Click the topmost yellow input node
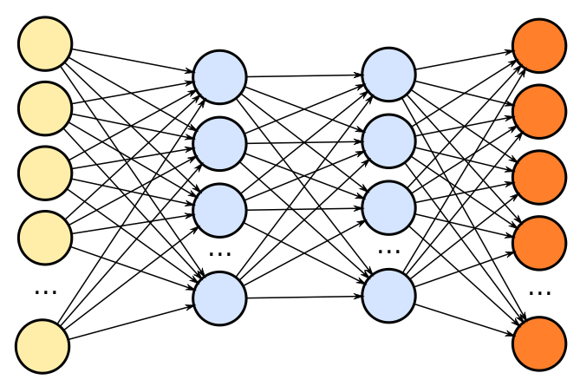tap(45, 43)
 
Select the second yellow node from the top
tap(45, 108)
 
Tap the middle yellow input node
tap(45, 173)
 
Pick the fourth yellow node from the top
tap(45, 238)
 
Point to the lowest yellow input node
tap(42, 346)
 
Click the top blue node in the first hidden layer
tap(219, 77)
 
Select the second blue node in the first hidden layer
tap(219, 144)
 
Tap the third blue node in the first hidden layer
tap(219, 210)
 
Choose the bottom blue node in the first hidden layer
tap(219, 298)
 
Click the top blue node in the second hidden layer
tap(388, 75)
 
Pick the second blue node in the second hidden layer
tap(388, 141)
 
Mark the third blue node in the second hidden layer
tap(388, 208)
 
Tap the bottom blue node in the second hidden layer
tap(388, 296)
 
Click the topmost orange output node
tap(539, 46)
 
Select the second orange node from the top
tap(539, 111)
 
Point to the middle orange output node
tap(539, 177)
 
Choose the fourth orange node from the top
tap(539, 243)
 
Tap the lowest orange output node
tap(539, 343)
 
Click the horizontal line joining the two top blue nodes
tap(303, 75)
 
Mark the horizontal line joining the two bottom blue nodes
tap(303, 297)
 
